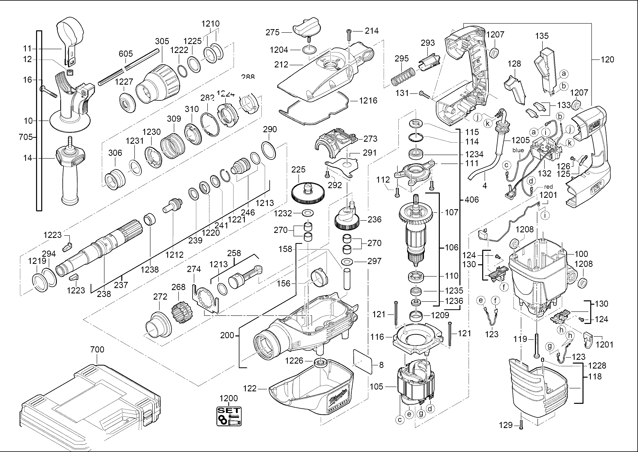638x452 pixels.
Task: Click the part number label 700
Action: click(97, 349)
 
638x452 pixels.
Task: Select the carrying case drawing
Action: click(89, 404)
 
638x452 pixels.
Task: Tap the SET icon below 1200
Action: click(229, 416)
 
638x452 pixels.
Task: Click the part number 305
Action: click(162, 41)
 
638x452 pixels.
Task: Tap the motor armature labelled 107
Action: click(415, 231)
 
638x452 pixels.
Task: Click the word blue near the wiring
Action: click(518, 150)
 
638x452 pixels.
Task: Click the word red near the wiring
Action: click(548, 187)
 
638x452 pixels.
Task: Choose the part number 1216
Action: click(368, 101)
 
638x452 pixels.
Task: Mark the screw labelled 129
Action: click(521, 425)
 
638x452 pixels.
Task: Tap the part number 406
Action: click(472, 200)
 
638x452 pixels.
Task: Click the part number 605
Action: click(126, 54)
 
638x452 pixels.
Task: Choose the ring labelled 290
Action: click(269, 150)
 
